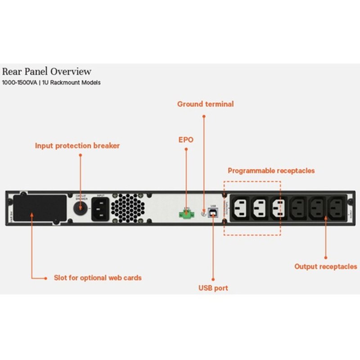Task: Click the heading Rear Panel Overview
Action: pos(46,72)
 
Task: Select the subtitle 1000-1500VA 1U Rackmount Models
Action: pos(51,83)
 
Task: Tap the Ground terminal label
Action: pos(205,104)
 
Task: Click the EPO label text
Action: pos(185,140)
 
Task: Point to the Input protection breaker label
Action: pos(77,146)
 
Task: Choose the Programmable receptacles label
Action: pos(271,171)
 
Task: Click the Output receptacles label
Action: pos(326,266)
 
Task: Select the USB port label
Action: pos(213,288)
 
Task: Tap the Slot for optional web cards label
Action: pos(97,278)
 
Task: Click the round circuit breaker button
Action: pos(81,207)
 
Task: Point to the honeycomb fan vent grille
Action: pos(127,207)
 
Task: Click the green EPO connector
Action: pos(185,214)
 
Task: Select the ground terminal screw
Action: pos(203,214)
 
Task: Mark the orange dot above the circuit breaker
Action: pos(81,155)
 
